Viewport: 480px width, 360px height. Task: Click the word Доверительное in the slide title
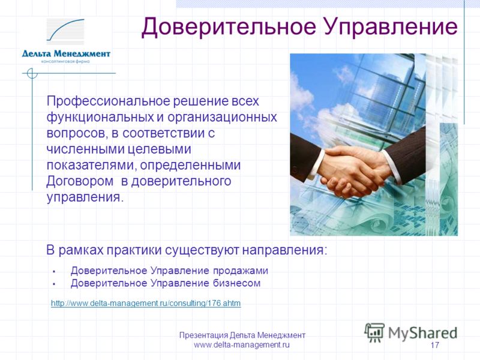pos(229,27)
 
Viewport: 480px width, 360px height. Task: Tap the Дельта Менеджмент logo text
pos(66,54)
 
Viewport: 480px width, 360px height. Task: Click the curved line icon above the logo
pos(65,29)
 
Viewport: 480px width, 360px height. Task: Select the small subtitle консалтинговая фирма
pos(65,62)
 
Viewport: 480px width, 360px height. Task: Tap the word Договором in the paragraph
pos(80,181)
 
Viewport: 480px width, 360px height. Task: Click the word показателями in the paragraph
pos(92,166)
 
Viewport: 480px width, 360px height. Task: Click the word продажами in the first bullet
pos(241,271)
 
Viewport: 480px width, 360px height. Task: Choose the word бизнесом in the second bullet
pos(236,283)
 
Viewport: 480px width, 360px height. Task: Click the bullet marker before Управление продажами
pos(54,272)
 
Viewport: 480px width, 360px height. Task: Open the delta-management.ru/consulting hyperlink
pos(146,304)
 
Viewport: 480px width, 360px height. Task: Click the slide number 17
pos(434,345)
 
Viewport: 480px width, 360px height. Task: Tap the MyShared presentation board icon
pos(374,332)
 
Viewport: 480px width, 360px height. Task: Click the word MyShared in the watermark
pos(423,334)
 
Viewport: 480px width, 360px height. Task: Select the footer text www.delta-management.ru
pos(242,345)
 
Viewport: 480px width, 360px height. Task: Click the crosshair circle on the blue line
pos(32,73)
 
